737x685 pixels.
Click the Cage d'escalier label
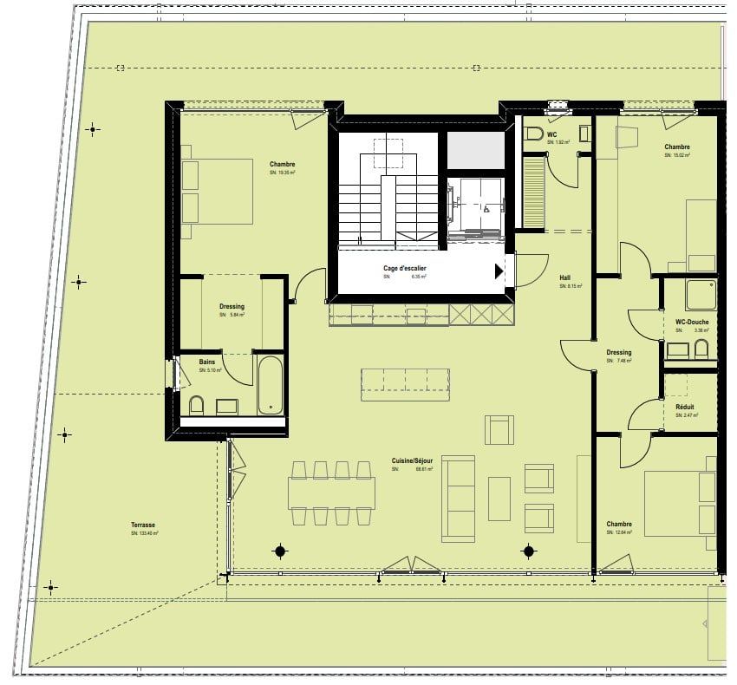point(405,269)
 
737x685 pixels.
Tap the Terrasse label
point(143,525)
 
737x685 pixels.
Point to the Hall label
point(564,278)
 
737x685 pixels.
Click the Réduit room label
point(684,407)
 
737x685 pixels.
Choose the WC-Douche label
point(691,323)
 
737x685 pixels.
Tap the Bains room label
point(206,362)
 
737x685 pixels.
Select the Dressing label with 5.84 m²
point(232,306)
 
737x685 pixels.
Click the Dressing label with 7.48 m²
point(618,353)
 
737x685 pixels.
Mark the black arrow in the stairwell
point(499,271)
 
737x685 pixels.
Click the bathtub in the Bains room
point(271,384)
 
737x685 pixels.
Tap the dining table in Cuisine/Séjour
point(332,493)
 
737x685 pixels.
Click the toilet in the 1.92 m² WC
point(532,134)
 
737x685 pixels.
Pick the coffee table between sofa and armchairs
point(499,499)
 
